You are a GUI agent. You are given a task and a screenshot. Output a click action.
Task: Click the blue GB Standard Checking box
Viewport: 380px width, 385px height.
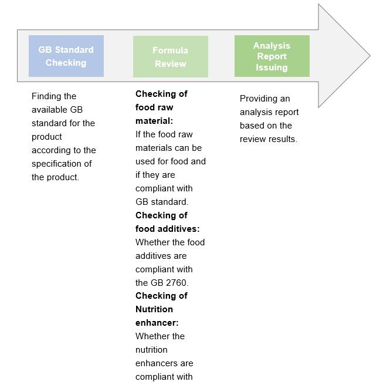[x=66, y=56]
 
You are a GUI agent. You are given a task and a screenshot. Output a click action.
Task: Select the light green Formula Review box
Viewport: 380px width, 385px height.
[x=170, y=57]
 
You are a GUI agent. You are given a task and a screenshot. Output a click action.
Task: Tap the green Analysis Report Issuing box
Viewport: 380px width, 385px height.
[x=272, y=56]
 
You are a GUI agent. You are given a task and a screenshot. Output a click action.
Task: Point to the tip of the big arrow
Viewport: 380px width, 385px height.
[x=369, y=57]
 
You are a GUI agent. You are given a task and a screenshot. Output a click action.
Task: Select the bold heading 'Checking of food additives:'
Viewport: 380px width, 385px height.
[x=167, y=222]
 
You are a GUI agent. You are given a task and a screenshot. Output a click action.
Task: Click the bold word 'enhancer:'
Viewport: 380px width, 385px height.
[x=157, y=323]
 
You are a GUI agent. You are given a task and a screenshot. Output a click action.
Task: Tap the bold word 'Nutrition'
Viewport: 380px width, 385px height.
[x=154, y=309]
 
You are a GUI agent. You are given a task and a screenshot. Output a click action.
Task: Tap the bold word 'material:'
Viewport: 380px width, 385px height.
[x=154, y=121]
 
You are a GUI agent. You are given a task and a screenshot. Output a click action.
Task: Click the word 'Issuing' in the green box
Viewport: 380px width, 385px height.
[x=272, y=67]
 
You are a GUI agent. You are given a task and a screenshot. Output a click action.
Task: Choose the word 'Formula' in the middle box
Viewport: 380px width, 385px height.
[x=170, y=50]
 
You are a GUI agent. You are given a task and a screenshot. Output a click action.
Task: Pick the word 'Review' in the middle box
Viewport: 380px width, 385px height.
[x=170, y=64]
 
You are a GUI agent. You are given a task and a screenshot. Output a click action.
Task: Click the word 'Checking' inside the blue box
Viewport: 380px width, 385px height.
[x=66, y=63]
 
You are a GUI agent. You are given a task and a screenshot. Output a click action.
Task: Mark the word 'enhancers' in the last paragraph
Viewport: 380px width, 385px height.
[x=155, y=363]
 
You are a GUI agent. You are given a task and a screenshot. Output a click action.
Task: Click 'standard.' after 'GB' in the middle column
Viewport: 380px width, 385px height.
[x=170, y=202]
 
